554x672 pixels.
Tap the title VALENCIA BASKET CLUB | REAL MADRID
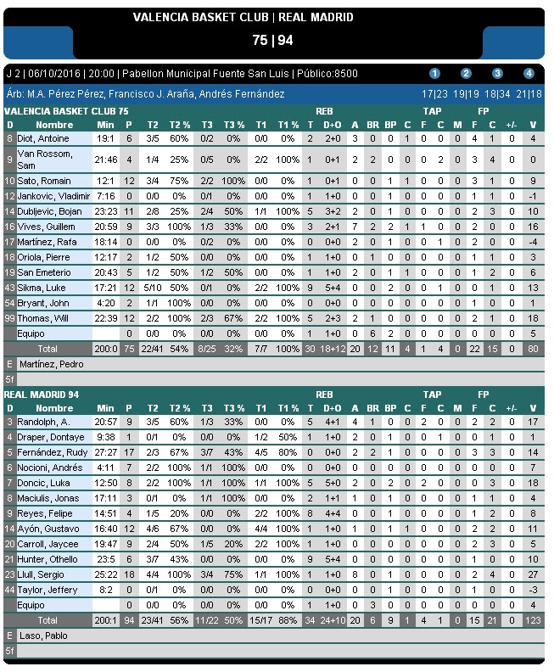click(x=243, y=17)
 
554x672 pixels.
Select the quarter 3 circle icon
click(x=497, y=73)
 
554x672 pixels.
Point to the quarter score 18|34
click(x=497, y=94)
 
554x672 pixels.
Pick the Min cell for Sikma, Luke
click(x=105, y=288)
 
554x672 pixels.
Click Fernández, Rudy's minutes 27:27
click(x=105, y=452)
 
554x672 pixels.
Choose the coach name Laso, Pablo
click(x=42, y=636)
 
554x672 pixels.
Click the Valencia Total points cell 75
click(x=129, y=349)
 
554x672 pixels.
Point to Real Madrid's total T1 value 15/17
click(x=260, y=620)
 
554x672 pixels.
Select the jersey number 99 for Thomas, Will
click(x=10, y=318)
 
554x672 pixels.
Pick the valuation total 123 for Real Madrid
click(x=533, y=620)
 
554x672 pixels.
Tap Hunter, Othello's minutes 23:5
click(x=105, y=559)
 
